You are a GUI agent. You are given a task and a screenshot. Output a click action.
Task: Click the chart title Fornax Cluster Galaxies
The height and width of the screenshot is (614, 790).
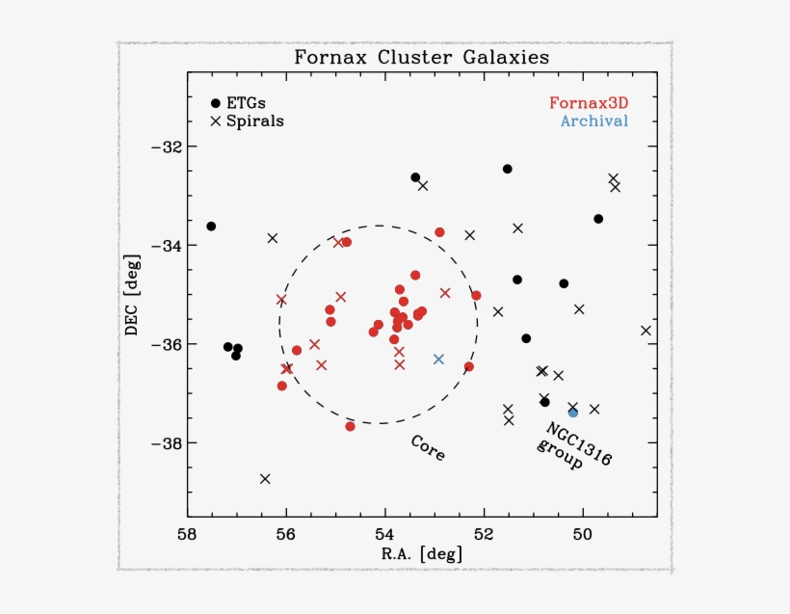coord(422,58)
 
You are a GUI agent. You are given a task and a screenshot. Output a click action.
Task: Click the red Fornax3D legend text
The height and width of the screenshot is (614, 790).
coord(588,102)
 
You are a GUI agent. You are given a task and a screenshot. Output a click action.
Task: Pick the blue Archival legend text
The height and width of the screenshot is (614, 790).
coord(593,121)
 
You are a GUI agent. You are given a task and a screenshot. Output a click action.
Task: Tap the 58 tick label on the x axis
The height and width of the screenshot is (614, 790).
coord(188,534)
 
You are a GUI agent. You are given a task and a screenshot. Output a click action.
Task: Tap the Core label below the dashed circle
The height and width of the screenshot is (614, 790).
coord(428,448)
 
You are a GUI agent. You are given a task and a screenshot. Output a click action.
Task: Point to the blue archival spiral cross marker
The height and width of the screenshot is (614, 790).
coord(438,359)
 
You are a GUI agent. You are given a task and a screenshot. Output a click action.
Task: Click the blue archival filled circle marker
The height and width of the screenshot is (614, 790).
coord(573,413)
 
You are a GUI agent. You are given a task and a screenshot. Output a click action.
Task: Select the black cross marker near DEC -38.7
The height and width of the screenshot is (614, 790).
coord(265,479)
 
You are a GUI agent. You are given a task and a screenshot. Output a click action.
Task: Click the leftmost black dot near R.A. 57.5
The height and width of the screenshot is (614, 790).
coord(211,227)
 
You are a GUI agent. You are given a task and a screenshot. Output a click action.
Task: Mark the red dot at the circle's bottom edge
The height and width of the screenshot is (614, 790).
coord(350,426)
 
